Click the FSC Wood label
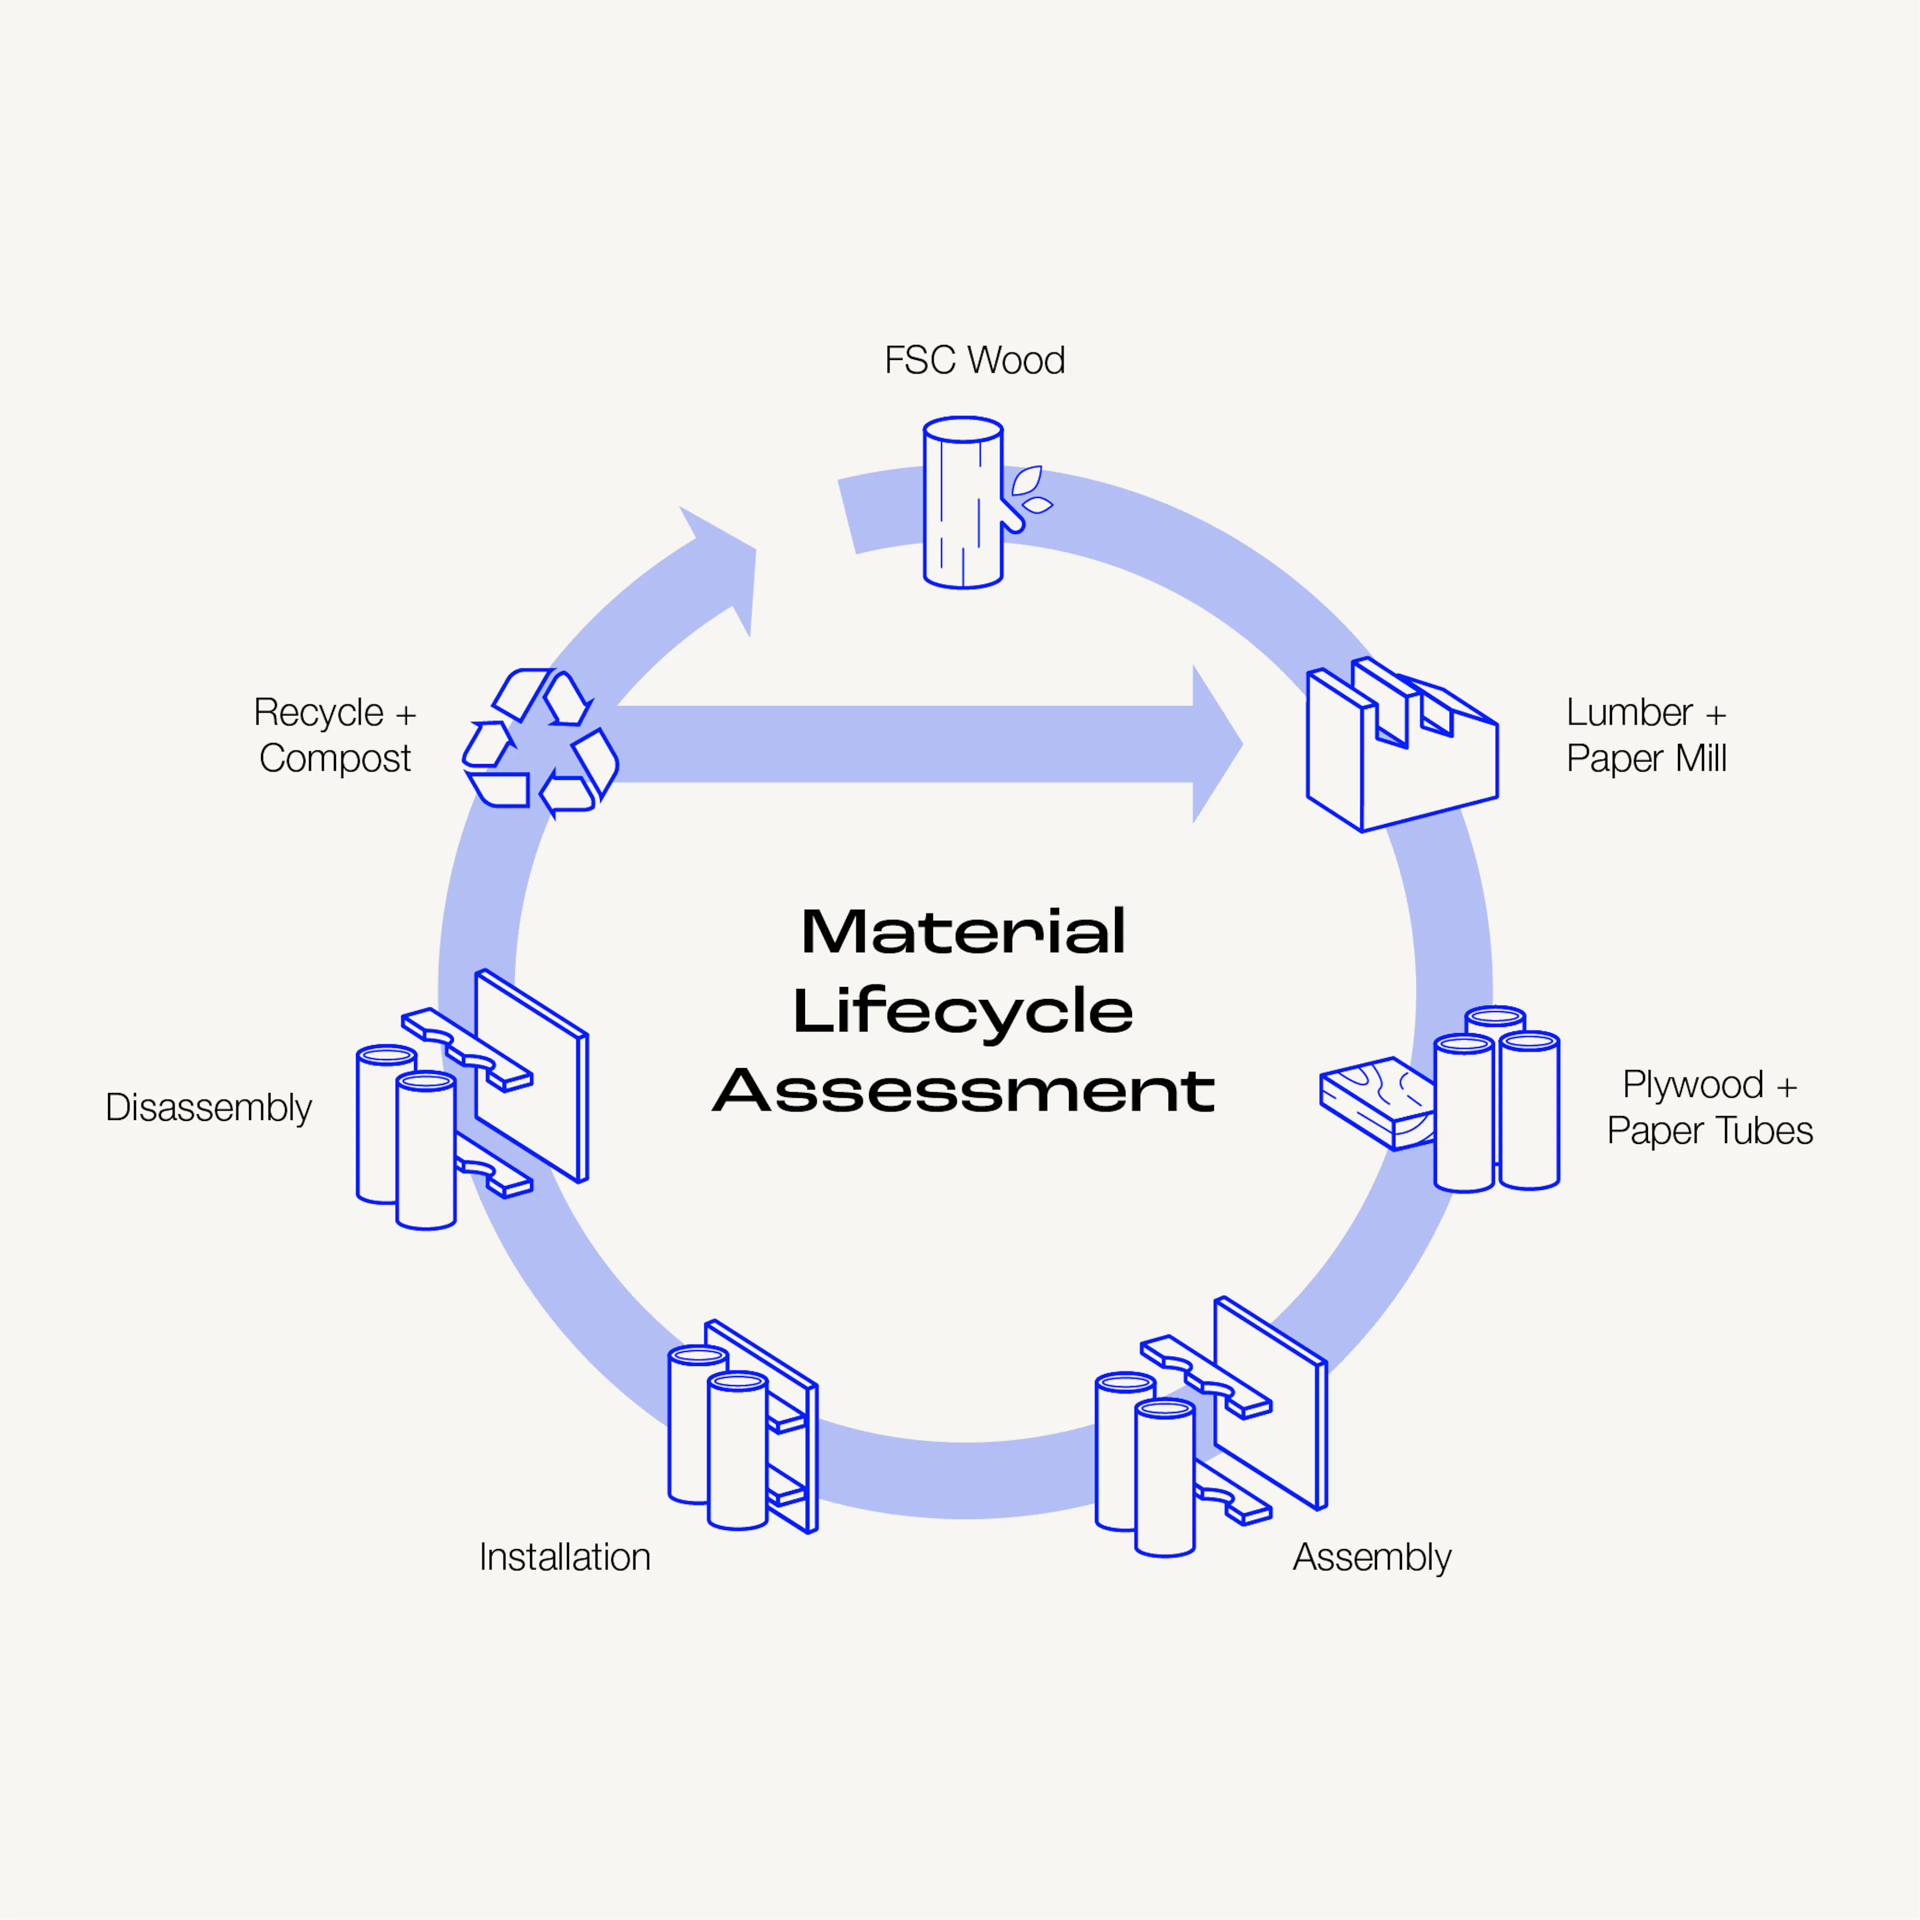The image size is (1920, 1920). point(974,360)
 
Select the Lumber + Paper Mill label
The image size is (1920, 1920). point(1645,735)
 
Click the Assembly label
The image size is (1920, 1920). point(1371,1557)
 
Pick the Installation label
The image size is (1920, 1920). point(564,1557)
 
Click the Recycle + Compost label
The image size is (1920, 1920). point(335,735)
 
